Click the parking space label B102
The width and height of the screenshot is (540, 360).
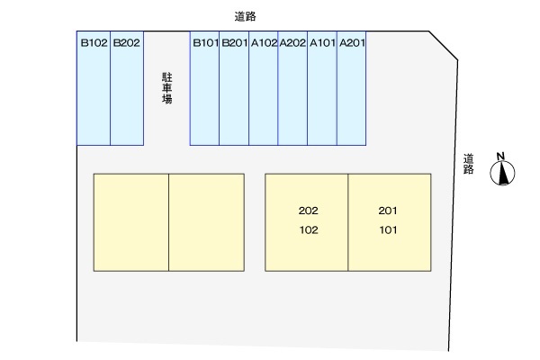tap(94, 41)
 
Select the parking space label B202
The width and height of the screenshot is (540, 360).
tap(127, 41)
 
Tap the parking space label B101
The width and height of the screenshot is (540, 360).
tap(205, 41)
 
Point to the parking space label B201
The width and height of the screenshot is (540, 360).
tap(234, 41)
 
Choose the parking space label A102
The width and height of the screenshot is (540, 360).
tap(264, 41)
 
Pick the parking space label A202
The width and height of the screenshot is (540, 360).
tap(292, 41)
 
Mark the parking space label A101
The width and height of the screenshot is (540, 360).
tap(322, 41)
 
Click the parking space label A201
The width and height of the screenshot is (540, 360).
tap(352, 41)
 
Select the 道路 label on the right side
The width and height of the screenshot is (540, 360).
tap(468, 164)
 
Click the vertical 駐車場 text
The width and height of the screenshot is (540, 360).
tap(166, 88)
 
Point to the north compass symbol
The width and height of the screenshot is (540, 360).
tap(502, 174)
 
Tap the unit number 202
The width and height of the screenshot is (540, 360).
tap(308, 211)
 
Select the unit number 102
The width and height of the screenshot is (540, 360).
tap(308, 229)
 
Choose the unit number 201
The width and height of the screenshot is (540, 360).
tap(388, 211)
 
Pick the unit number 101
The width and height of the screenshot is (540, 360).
tap(388, 229)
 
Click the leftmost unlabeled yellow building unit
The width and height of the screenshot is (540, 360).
tap(131, 221)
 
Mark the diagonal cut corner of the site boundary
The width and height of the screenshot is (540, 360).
tap(443, 47)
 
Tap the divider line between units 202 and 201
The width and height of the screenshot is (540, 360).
tap(348, 221)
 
